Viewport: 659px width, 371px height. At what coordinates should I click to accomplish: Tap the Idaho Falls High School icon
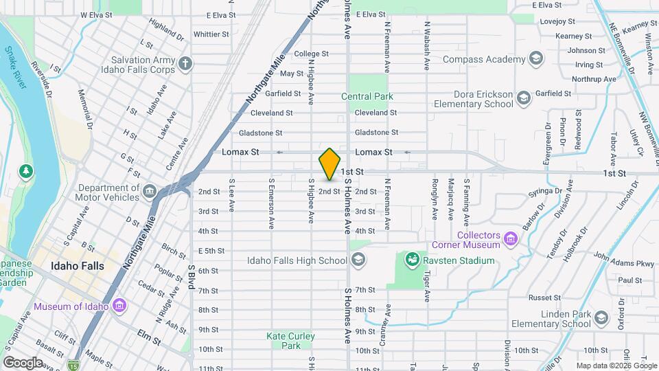tap(358, 260)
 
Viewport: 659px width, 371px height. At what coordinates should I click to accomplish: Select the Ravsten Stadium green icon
tap(412, 260)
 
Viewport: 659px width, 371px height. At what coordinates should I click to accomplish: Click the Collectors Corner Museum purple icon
tap(509, 239)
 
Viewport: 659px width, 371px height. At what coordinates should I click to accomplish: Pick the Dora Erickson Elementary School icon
tap(524, 99)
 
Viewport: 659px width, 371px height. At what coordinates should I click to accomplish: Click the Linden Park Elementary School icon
tap(601, 318)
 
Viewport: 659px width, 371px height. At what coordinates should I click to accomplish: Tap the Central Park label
tap(367, 96)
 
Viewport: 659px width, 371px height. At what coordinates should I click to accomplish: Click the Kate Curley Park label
tap(284, 341)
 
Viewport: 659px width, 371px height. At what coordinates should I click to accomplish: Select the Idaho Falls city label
tap(78, 266)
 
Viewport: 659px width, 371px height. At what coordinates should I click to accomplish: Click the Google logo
tap(23, 363)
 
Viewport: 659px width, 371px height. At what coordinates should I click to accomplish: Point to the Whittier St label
tap(211, 34)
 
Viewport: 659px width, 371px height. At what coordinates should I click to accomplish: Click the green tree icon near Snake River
tap(26, 170)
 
